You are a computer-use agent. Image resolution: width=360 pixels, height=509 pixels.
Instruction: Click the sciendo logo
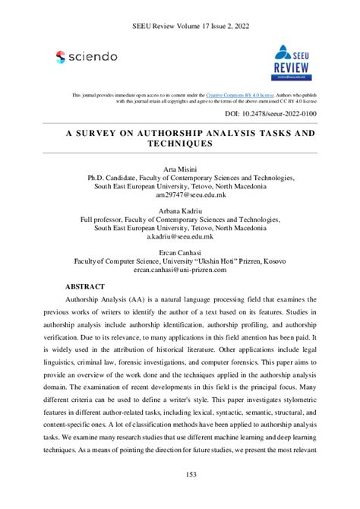[x=86, y=56]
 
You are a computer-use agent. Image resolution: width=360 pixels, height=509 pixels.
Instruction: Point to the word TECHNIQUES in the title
[x=179, y=143]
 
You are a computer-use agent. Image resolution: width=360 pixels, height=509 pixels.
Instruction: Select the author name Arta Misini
[x=179, y=166]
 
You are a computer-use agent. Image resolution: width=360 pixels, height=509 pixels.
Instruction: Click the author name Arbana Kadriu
[x=179, y=209]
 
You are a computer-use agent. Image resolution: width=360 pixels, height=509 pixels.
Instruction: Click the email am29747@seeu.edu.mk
[x=179, y=194]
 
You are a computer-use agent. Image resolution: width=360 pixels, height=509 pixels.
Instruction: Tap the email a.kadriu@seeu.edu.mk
[x=179, y=237]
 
